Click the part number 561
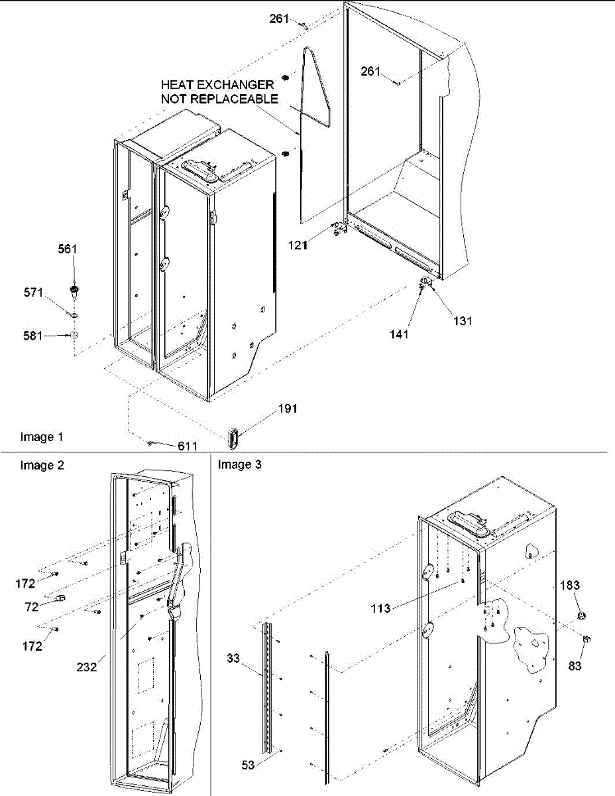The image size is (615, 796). [68, 249]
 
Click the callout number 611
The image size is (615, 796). [187, 446]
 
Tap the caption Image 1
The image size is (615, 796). [42, 437]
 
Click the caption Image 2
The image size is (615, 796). [42, 466]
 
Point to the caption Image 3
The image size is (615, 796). [240, 465]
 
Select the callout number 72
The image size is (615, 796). [31, 607]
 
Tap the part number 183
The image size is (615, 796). [570, 585]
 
